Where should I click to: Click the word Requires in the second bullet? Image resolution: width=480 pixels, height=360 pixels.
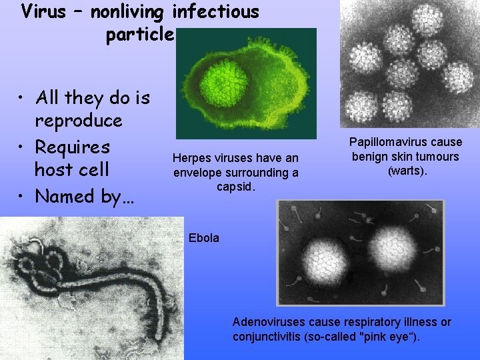click(73, 146)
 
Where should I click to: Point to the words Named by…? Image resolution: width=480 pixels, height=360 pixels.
click(78, 196)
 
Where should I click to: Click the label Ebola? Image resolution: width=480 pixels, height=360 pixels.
click(203, 238)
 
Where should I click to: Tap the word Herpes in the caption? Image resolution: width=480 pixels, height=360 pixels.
click(189, 158)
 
